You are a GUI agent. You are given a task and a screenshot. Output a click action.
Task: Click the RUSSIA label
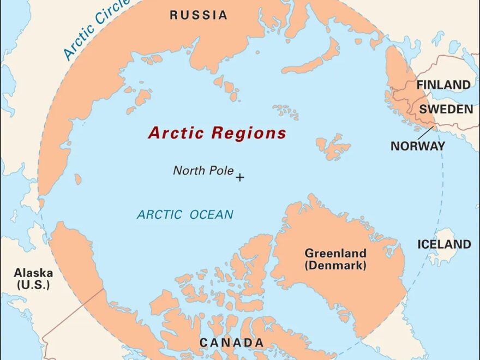[199, 15]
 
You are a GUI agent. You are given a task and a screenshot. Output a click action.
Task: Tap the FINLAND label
[443, 85]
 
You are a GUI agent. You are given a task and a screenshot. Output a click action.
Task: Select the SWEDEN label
[446, 109]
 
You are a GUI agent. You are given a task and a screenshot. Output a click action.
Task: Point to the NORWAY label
[417, 146]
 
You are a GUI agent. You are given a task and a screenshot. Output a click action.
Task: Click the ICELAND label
[444, 244]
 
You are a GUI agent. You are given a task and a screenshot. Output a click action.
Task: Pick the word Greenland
[335, 254]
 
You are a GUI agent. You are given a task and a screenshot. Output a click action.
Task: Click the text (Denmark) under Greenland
[335, 266]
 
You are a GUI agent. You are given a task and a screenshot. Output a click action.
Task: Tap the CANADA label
[231, 343]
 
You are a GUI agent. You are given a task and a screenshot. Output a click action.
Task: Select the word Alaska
[33, 273]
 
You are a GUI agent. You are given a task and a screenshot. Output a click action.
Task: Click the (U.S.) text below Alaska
[33, 285]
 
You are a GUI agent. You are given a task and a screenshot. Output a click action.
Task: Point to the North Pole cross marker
[239, 177]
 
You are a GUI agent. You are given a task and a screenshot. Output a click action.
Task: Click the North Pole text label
[203, 170]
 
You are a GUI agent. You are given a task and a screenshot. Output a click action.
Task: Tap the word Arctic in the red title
[176, 133]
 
